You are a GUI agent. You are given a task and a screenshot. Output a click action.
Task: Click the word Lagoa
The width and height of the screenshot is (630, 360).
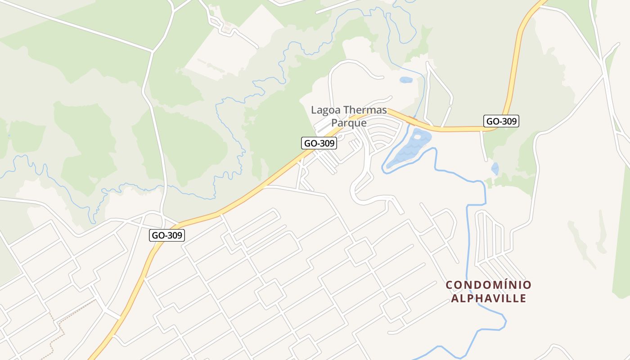326,110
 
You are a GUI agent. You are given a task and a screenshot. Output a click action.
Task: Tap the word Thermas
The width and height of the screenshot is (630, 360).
364,110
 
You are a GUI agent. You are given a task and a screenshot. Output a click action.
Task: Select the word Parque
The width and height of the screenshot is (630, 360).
349,122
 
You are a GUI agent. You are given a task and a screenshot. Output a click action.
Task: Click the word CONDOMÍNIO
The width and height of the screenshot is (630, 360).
488,285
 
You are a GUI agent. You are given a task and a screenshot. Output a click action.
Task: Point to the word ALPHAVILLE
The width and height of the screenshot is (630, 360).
488,298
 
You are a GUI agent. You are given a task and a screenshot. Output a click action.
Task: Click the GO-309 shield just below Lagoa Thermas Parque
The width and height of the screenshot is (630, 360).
319,143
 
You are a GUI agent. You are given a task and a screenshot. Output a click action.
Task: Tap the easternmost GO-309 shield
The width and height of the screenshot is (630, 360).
501,121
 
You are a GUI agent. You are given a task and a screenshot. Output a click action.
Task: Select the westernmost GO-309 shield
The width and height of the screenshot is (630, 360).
167,235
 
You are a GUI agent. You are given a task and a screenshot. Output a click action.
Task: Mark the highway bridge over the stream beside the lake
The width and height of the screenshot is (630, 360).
410,120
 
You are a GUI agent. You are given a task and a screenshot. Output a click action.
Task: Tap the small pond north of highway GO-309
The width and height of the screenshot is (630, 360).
405,80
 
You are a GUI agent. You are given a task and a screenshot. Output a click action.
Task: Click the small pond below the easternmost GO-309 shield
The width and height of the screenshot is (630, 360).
495,169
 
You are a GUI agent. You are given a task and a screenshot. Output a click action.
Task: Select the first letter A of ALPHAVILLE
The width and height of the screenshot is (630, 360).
455,298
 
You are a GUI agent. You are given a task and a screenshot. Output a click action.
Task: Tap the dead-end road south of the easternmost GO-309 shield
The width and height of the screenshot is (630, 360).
484,148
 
